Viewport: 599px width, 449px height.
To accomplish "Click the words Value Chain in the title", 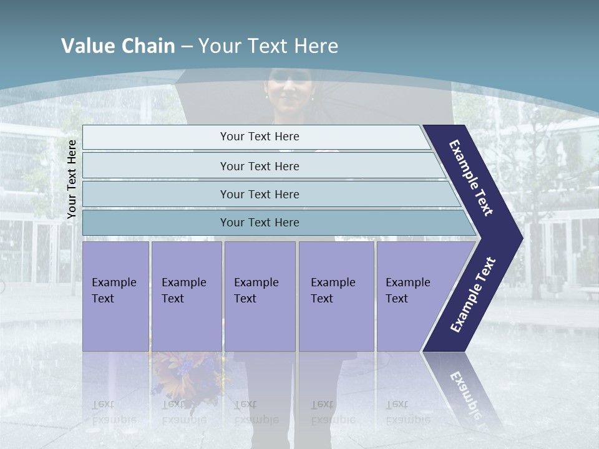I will tap(118, 46).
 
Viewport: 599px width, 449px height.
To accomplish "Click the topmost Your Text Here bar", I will tap(259, 137).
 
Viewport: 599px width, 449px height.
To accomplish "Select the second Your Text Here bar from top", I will tap(259, 166).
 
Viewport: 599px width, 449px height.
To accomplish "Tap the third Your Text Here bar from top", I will tap(259, 194).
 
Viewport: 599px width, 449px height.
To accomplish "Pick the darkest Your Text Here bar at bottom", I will tap(259, 223).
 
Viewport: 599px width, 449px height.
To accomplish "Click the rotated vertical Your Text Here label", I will tap(72, 179).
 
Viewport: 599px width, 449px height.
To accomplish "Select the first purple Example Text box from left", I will tap(115, 296).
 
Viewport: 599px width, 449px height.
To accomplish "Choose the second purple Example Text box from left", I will tap(186, 296).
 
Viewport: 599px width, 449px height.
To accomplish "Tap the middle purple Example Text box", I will tap(260, 296).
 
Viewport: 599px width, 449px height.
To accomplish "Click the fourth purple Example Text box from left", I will tap(336, 296).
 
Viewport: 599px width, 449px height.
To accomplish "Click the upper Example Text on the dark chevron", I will tap(471, 177).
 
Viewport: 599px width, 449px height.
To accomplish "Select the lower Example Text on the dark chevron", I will tap(473, 295).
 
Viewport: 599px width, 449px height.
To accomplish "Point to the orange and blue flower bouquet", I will tap(187, 374).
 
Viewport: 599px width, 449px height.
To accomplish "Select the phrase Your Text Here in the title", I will tap(268, 46).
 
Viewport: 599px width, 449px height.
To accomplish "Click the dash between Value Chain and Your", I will tap(187, 47).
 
